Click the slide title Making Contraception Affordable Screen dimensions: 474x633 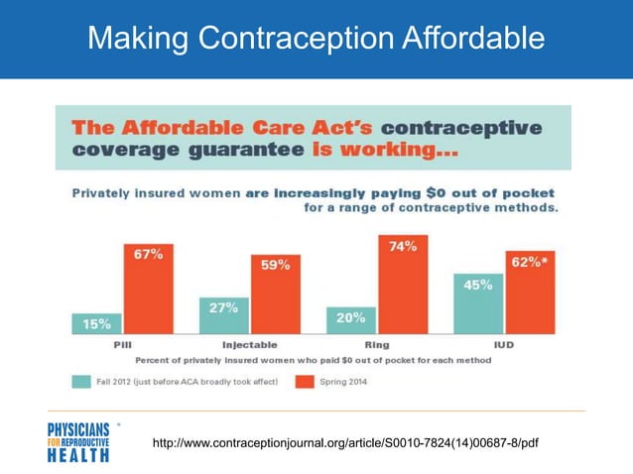tap(316, 39)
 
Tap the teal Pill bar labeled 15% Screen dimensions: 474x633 tap(97, 323)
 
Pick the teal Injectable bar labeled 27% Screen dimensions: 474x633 tap(224, 315)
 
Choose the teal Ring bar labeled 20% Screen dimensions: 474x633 tap(351, 319)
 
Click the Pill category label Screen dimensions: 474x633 tap(123, 345)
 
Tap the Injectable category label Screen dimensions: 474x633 tap(250, 345)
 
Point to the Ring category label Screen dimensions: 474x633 tap(377, 345)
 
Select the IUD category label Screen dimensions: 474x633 tap(505, 345)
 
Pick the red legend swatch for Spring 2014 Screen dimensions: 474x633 tap(307, 379)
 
